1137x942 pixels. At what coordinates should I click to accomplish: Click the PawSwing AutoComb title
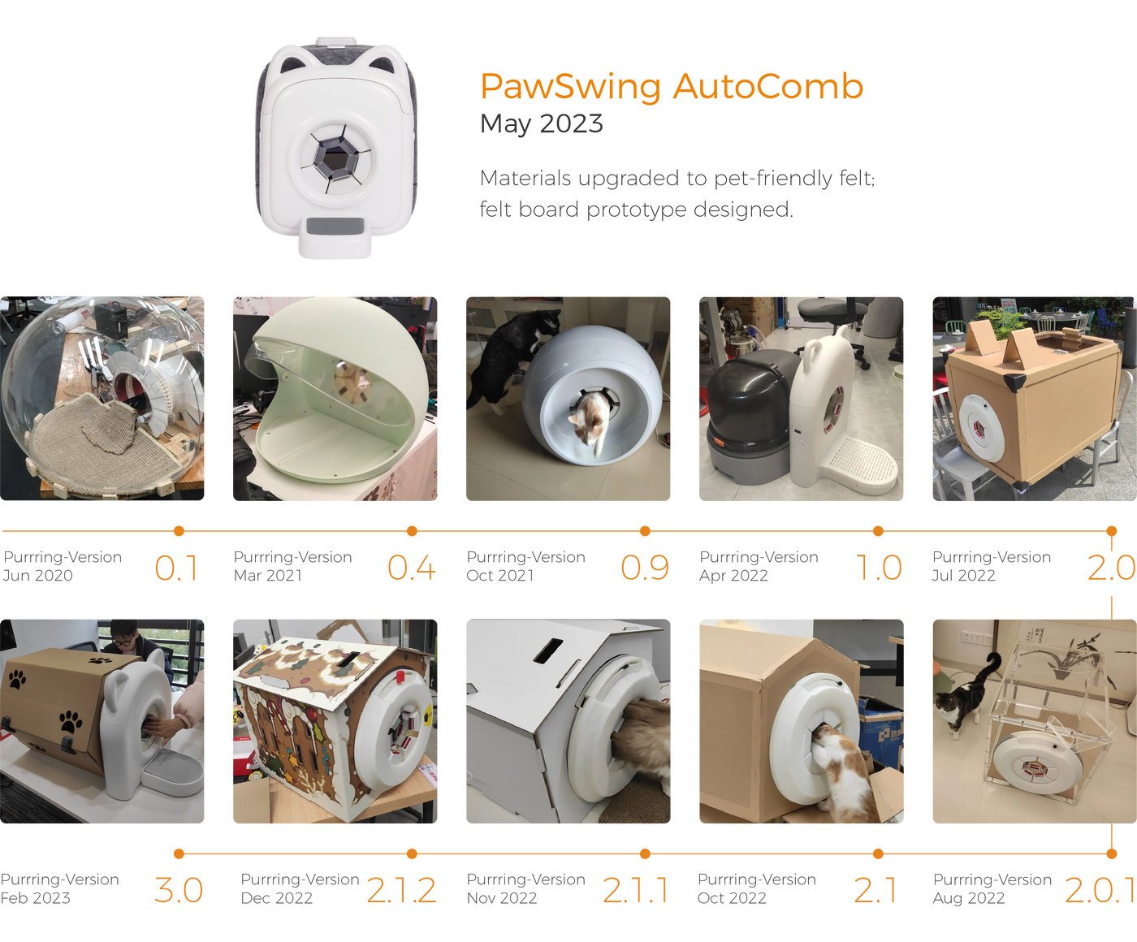coord(672,87)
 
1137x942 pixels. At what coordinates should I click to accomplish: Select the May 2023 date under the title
coord(541,123)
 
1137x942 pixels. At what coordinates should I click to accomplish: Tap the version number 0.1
coord(176,568)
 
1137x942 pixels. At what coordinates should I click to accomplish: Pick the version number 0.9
coord(645,568)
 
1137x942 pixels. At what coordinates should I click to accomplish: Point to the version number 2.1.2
coord(402,890)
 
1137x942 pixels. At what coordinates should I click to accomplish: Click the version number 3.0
coord(179,890)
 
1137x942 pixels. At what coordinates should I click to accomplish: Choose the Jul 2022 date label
coord(963,576)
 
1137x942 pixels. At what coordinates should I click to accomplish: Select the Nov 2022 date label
coord(502,898)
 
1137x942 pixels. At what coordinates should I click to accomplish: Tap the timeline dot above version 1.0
coord(878,531)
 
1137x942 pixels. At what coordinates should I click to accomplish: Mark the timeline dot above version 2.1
coord(878,853)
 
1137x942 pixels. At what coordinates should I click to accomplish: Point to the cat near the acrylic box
coord(966,694)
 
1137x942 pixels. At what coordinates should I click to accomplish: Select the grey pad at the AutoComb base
coord(335,226)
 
